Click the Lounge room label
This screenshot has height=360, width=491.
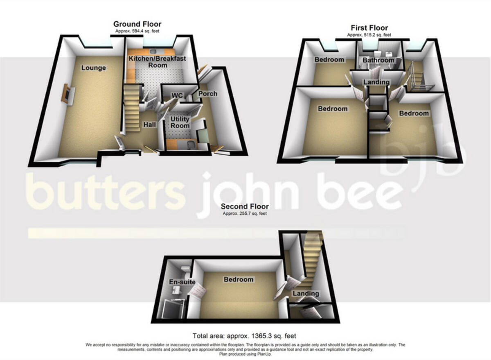pyautogui.click(x=93, y=68)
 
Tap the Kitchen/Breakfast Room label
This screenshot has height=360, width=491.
pyautogui.click(x=157, y=62)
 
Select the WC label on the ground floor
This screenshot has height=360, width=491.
pyautogui.click(x=177, y=95)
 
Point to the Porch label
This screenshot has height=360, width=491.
pyautogui.click(x=207, y=94)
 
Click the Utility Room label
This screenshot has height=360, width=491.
pyautogui.click(x=180, y=122)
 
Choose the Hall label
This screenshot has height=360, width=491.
pyautogui.click(x=149, y=124)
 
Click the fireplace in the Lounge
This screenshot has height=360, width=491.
pyautogui.click(x=65, y=94)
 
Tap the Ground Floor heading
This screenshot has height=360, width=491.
pyautogui.click(x=137, y=25)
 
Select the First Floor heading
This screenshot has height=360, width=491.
pyautogui.click(x=369, y=28)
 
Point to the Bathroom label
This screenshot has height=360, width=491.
pyautogui.click(x=378, y=61)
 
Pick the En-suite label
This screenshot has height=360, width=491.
pyautogui.click(x=182, y=282)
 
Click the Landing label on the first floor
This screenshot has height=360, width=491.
pyautogui.click(x=376, y=82)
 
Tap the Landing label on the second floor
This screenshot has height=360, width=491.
pyautogui.click(x=306, y=294)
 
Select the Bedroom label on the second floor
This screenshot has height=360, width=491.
pyautogui.click(x=238, y=280)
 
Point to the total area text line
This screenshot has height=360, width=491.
pyautogui.click(x=244, y=336)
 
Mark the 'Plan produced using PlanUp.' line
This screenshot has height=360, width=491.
pyautogui.click(x=245, y=354)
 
